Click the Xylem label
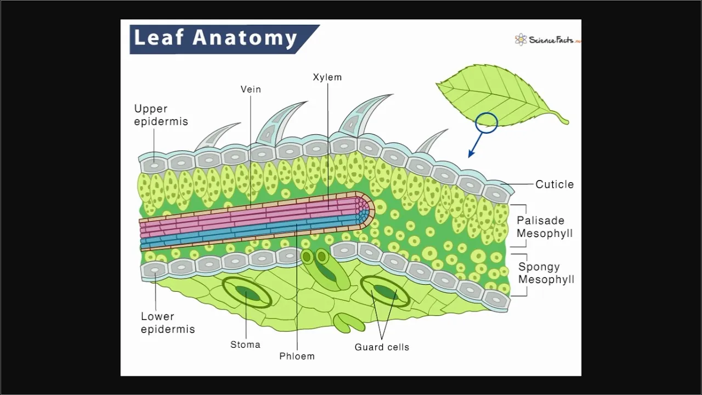[327, 77]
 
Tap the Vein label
[251, 89]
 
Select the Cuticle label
[554, 184]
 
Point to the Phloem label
[297, 356]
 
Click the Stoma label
[245, 345]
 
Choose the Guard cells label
[382, 347]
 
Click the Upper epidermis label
[161, 115]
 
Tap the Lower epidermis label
[167, 323]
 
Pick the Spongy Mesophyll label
[546, 273]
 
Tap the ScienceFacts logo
[546, 39]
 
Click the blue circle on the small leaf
[486, 123]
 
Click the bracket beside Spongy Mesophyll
[524, 274]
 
